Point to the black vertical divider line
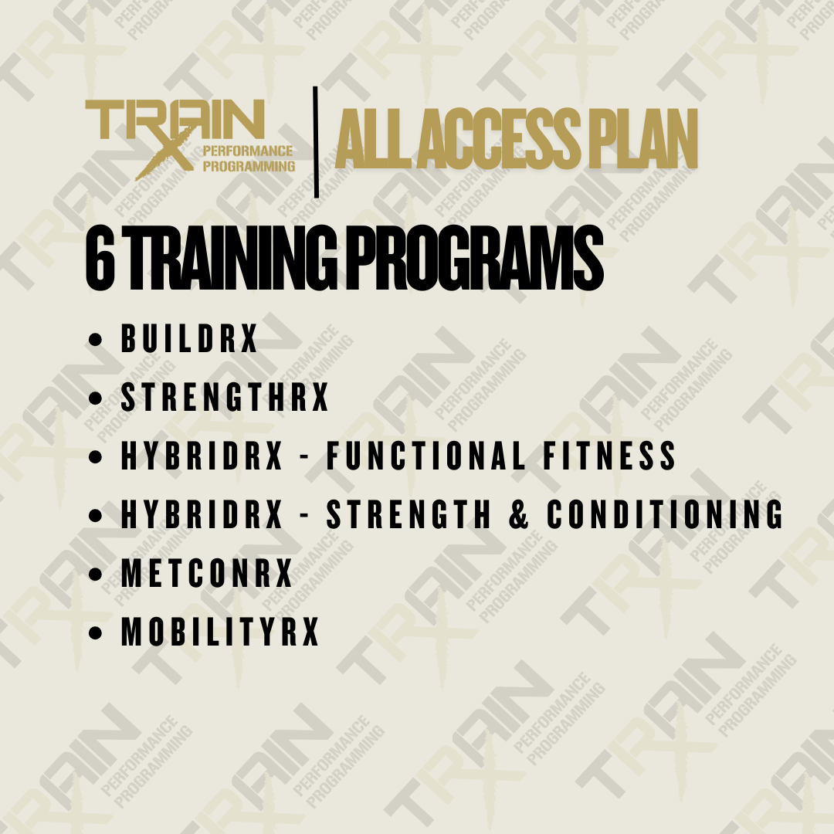316,142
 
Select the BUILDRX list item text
189,340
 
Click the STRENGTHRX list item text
225,398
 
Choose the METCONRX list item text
207,574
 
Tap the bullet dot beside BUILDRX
96,341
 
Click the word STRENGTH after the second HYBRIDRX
409,515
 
